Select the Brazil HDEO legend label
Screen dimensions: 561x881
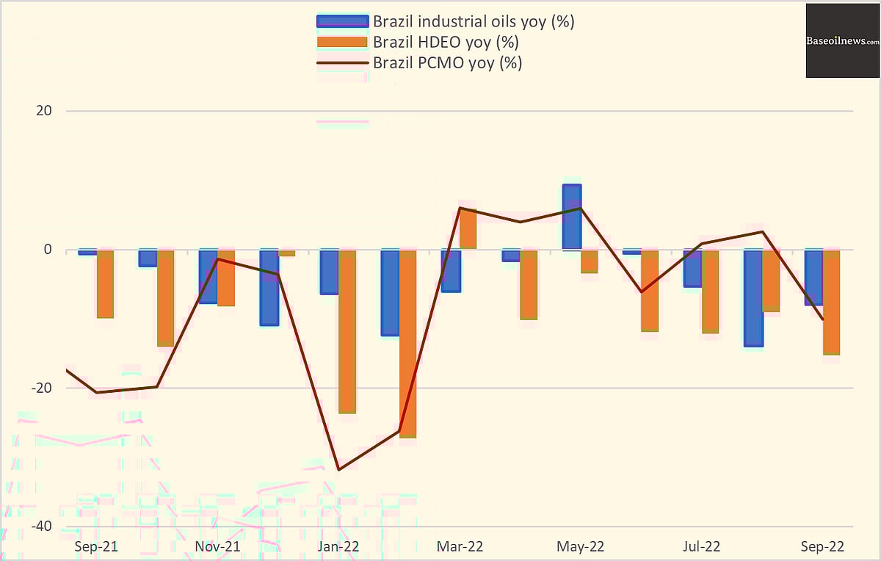click(x=446, y=42)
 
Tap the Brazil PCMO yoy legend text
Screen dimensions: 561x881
click(x=447, y=62)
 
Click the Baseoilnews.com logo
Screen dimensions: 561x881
click(x=843, y=41)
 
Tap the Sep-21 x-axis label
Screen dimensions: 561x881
click(x=96, y=547)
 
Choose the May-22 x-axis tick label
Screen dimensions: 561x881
click(x=581, y=547)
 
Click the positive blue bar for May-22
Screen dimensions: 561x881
click(x=572, y=217)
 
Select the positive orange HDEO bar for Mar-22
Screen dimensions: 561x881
click(x=468, y=229)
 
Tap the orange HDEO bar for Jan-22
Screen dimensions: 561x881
click(x=347, y=331)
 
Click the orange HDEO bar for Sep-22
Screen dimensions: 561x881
click(x=831, y=302)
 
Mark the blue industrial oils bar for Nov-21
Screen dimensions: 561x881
click(x=209, y=276)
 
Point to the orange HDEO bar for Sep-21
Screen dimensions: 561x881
click(x=105, y=283)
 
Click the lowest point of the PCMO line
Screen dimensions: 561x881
click(x=338, y=469)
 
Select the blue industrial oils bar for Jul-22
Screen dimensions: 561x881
click(x=692, y=268)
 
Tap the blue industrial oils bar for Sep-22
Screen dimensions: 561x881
click(x=813, y=277)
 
